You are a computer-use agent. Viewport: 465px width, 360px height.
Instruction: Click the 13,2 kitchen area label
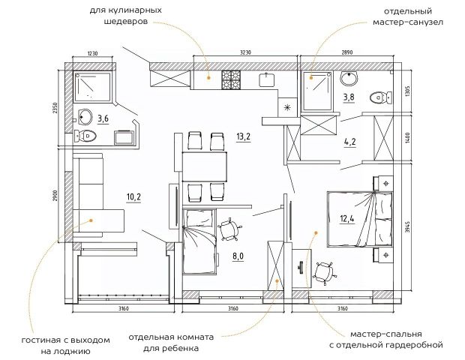242,136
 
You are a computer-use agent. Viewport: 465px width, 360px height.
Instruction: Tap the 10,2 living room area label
133,198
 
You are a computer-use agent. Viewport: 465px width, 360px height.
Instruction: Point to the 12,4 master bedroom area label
348,218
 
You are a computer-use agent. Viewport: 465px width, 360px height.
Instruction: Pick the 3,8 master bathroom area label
349,97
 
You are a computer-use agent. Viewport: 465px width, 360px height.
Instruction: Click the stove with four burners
229,78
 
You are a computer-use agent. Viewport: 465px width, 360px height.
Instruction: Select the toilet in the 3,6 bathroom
88,136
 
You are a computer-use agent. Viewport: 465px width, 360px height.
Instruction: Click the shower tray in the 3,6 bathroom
91,88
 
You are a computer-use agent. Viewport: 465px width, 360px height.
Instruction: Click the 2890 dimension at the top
347,53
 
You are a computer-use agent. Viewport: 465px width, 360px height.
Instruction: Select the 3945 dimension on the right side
406,226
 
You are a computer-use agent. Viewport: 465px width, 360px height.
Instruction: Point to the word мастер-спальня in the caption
385,332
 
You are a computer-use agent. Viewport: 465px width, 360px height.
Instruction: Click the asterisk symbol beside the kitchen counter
287,106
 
